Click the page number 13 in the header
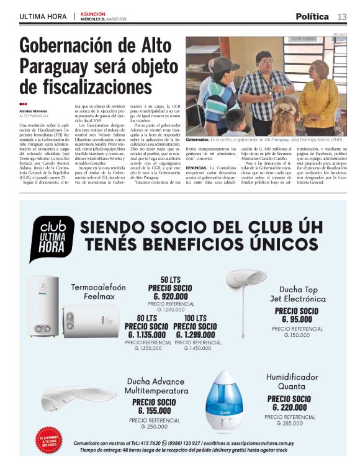342,16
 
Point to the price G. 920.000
166,297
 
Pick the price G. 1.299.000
196,334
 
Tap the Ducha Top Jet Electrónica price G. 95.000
296,319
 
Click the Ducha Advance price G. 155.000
153,410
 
